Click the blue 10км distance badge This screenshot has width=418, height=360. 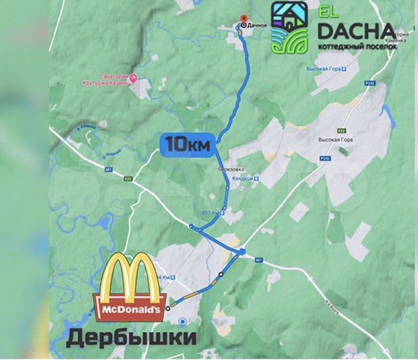pyautogui.click(x=187, y=143)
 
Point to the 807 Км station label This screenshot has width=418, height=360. pyautogui.click(x=210, y=213)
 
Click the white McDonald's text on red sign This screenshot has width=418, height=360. pyautogui.click(x=131, y=310)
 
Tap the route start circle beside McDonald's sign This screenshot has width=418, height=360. pyautogui.click(x=167, y=308)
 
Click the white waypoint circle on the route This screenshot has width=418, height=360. pyautogui.click(x=221, y=275)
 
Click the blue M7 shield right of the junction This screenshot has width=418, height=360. pyautogui.click(x=260, y=260)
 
